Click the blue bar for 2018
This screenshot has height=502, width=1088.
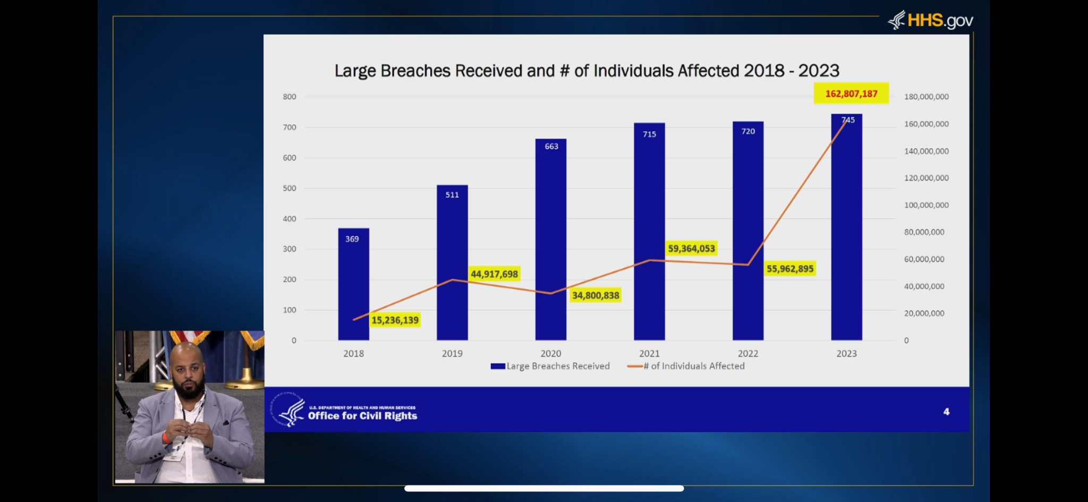(353, 284)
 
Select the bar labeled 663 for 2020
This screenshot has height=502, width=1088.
(551, 239)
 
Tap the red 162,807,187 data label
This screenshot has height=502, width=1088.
(851, 93)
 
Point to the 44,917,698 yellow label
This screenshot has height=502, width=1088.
(494, 274)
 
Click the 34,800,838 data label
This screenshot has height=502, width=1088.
(596, 295)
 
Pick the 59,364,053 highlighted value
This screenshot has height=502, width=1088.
(691, 249)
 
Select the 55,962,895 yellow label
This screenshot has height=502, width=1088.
(789, 269)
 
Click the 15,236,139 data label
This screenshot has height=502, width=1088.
(395, 320)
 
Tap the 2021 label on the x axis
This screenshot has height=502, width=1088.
(649, 354)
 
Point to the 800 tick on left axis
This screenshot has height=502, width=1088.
(290, 97)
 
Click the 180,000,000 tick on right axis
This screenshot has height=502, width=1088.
(926, 97)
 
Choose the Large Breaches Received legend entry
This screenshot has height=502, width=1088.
(550, 366)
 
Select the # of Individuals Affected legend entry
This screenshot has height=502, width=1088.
(686, 366)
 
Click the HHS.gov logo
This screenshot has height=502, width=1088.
(931, 21)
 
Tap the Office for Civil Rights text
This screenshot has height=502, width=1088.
(362, 416)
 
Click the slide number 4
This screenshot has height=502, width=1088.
(946, 412)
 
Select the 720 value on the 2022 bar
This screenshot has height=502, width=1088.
(748, 131)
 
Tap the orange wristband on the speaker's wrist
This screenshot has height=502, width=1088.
(166, 438)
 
